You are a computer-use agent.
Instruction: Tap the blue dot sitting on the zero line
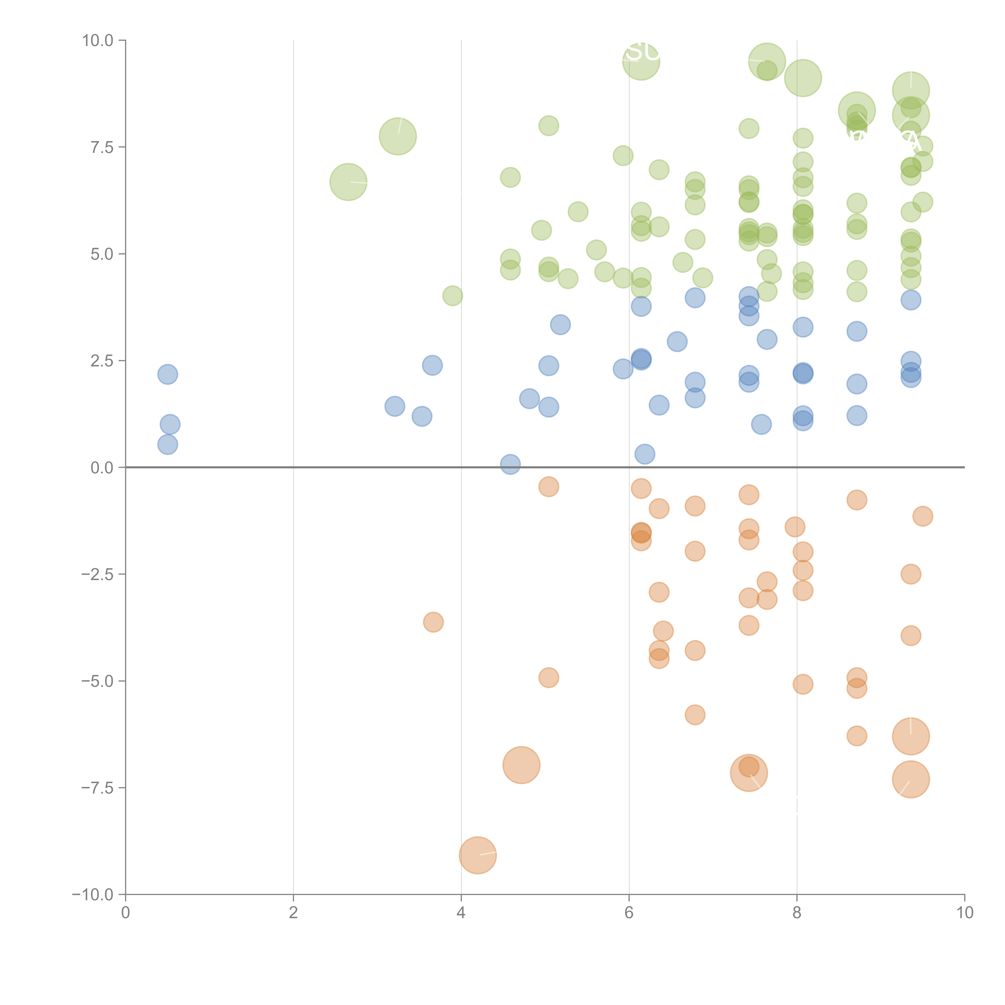click(510, 464)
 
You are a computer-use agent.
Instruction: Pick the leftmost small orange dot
click(433, 622)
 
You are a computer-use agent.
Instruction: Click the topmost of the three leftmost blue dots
click(167, 374)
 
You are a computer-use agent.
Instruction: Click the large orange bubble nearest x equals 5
click(521, 765)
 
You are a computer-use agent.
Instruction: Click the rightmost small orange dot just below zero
click(922, 516)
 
